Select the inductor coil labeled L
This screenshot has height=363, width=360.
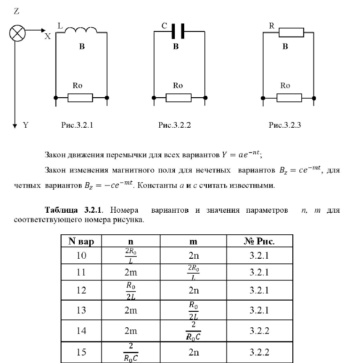80,31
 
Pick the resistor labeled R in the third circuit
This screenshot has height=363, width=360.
291,32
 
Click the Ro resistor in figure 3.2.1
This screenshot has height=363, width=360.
80,98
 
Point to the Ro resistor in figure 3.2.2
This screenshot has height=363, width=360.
178,98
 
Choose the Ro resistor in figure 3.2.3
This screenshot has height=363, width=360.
289,98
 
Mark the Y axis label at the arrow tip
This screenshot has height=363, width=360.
26,125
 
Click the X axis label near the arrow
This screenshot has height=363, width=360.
47,36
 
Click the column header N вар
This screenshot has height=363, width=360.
81,242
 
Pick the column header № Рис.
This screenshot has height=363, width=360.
259,242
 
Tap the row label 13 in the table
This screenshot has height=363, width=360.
81,310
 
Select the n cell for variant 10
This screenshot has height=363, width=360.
130,256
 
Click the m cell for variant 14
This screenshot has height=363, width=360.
193,331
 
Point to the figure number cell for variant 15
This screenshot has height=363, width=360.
259,352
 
